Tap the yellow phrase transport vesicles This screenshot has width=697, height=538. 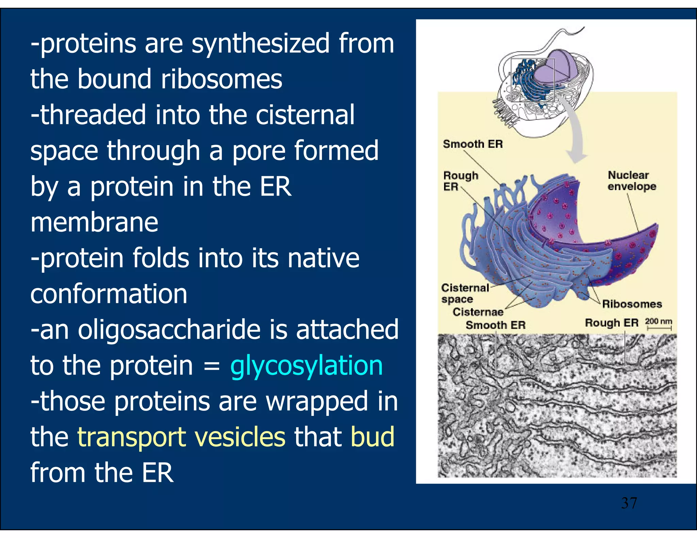[181, 437]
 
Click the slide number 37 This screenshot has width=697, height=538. [629, 503]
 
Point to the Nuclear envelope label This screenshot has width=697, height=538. [631, 181]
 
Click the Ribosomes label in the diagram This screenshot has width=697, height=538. [632, 304]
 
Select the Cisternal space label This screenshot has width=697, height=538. [465, 293]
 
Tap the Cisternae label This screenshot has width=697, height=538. [478, 312]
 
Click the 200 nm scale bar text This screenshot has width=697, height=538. [659, 321]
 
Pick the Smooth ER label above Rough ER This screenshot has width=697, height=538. [473, 144]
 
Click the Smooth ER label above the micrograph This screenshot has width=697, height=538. [496, 325]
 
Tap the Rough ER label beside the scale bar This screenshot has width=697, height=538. [612, 323]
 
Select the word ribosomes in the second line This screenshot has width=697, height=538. [221, 79]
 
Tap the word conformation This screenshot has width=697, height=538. [109, 294]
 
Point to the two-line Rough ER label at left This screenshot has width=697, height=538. [460, 181]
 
